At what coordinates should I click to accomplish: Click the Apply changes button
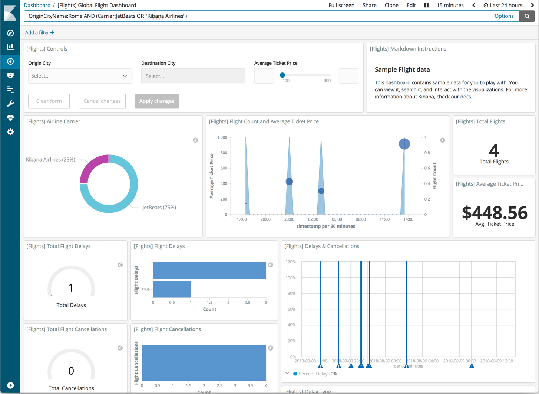(156, 101)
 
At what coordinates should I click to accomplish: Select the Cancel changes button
(102, 101)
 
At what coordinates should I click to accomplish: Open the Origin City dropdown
(80, 76)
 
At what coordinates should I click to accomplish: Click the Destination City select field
(193, 76)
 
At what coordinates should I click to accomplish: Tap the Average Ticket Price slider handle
(282, 75)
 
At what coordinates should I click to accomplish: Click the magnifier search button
(527, 16)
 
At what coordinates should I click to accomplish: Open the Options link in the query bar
(504, 16)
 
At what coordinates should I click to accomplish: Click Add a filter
(39, 33)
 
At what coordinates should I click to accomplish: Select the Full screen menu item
(341, 5)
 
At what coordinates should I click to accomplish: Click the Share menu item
(369, 5)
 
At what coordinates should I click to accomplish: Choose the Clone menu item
(391, 5)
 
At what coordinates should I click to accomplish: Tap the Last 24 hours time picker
(503, 5)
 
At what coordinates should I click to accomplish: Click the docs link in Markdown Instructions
(465, 97)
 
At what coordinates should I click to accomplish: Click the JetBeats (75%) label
(159, 207)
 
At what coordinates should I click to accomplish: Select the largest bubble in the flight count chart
(404, 144)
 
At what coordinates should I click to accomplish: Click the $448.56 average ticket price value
(494, 213)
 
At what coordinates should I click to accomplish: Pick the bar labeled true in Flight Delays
(172, 289)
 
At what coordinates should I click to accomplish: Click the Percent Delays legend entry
(315, 374)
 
